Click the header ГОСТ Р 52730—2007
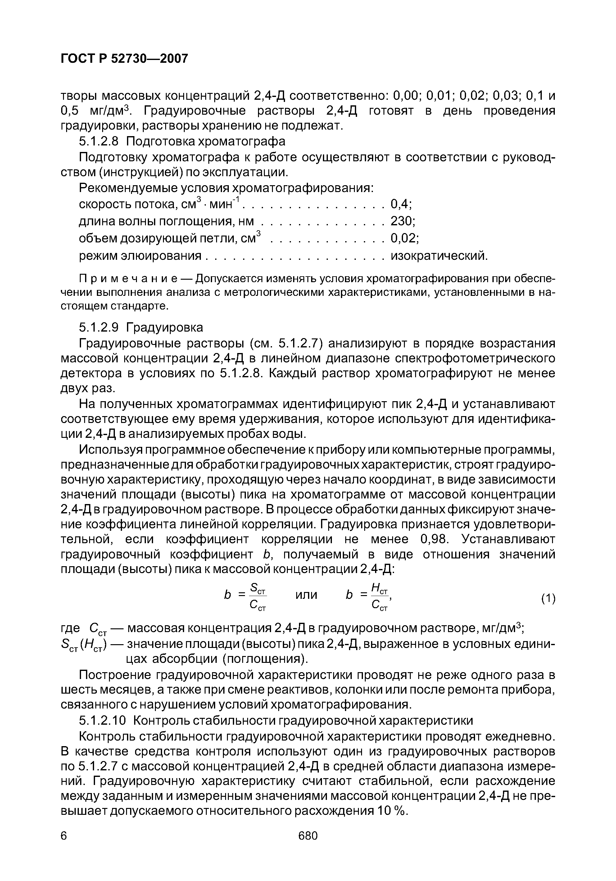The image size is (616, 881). [125, 58]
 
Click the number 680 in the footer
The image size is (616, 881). [308, 835]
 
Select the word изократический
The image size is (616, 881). [439, 255]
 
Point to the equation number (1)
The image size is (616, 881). [548, 599]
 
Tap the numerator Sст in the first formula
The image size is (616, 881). [258, 587]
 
